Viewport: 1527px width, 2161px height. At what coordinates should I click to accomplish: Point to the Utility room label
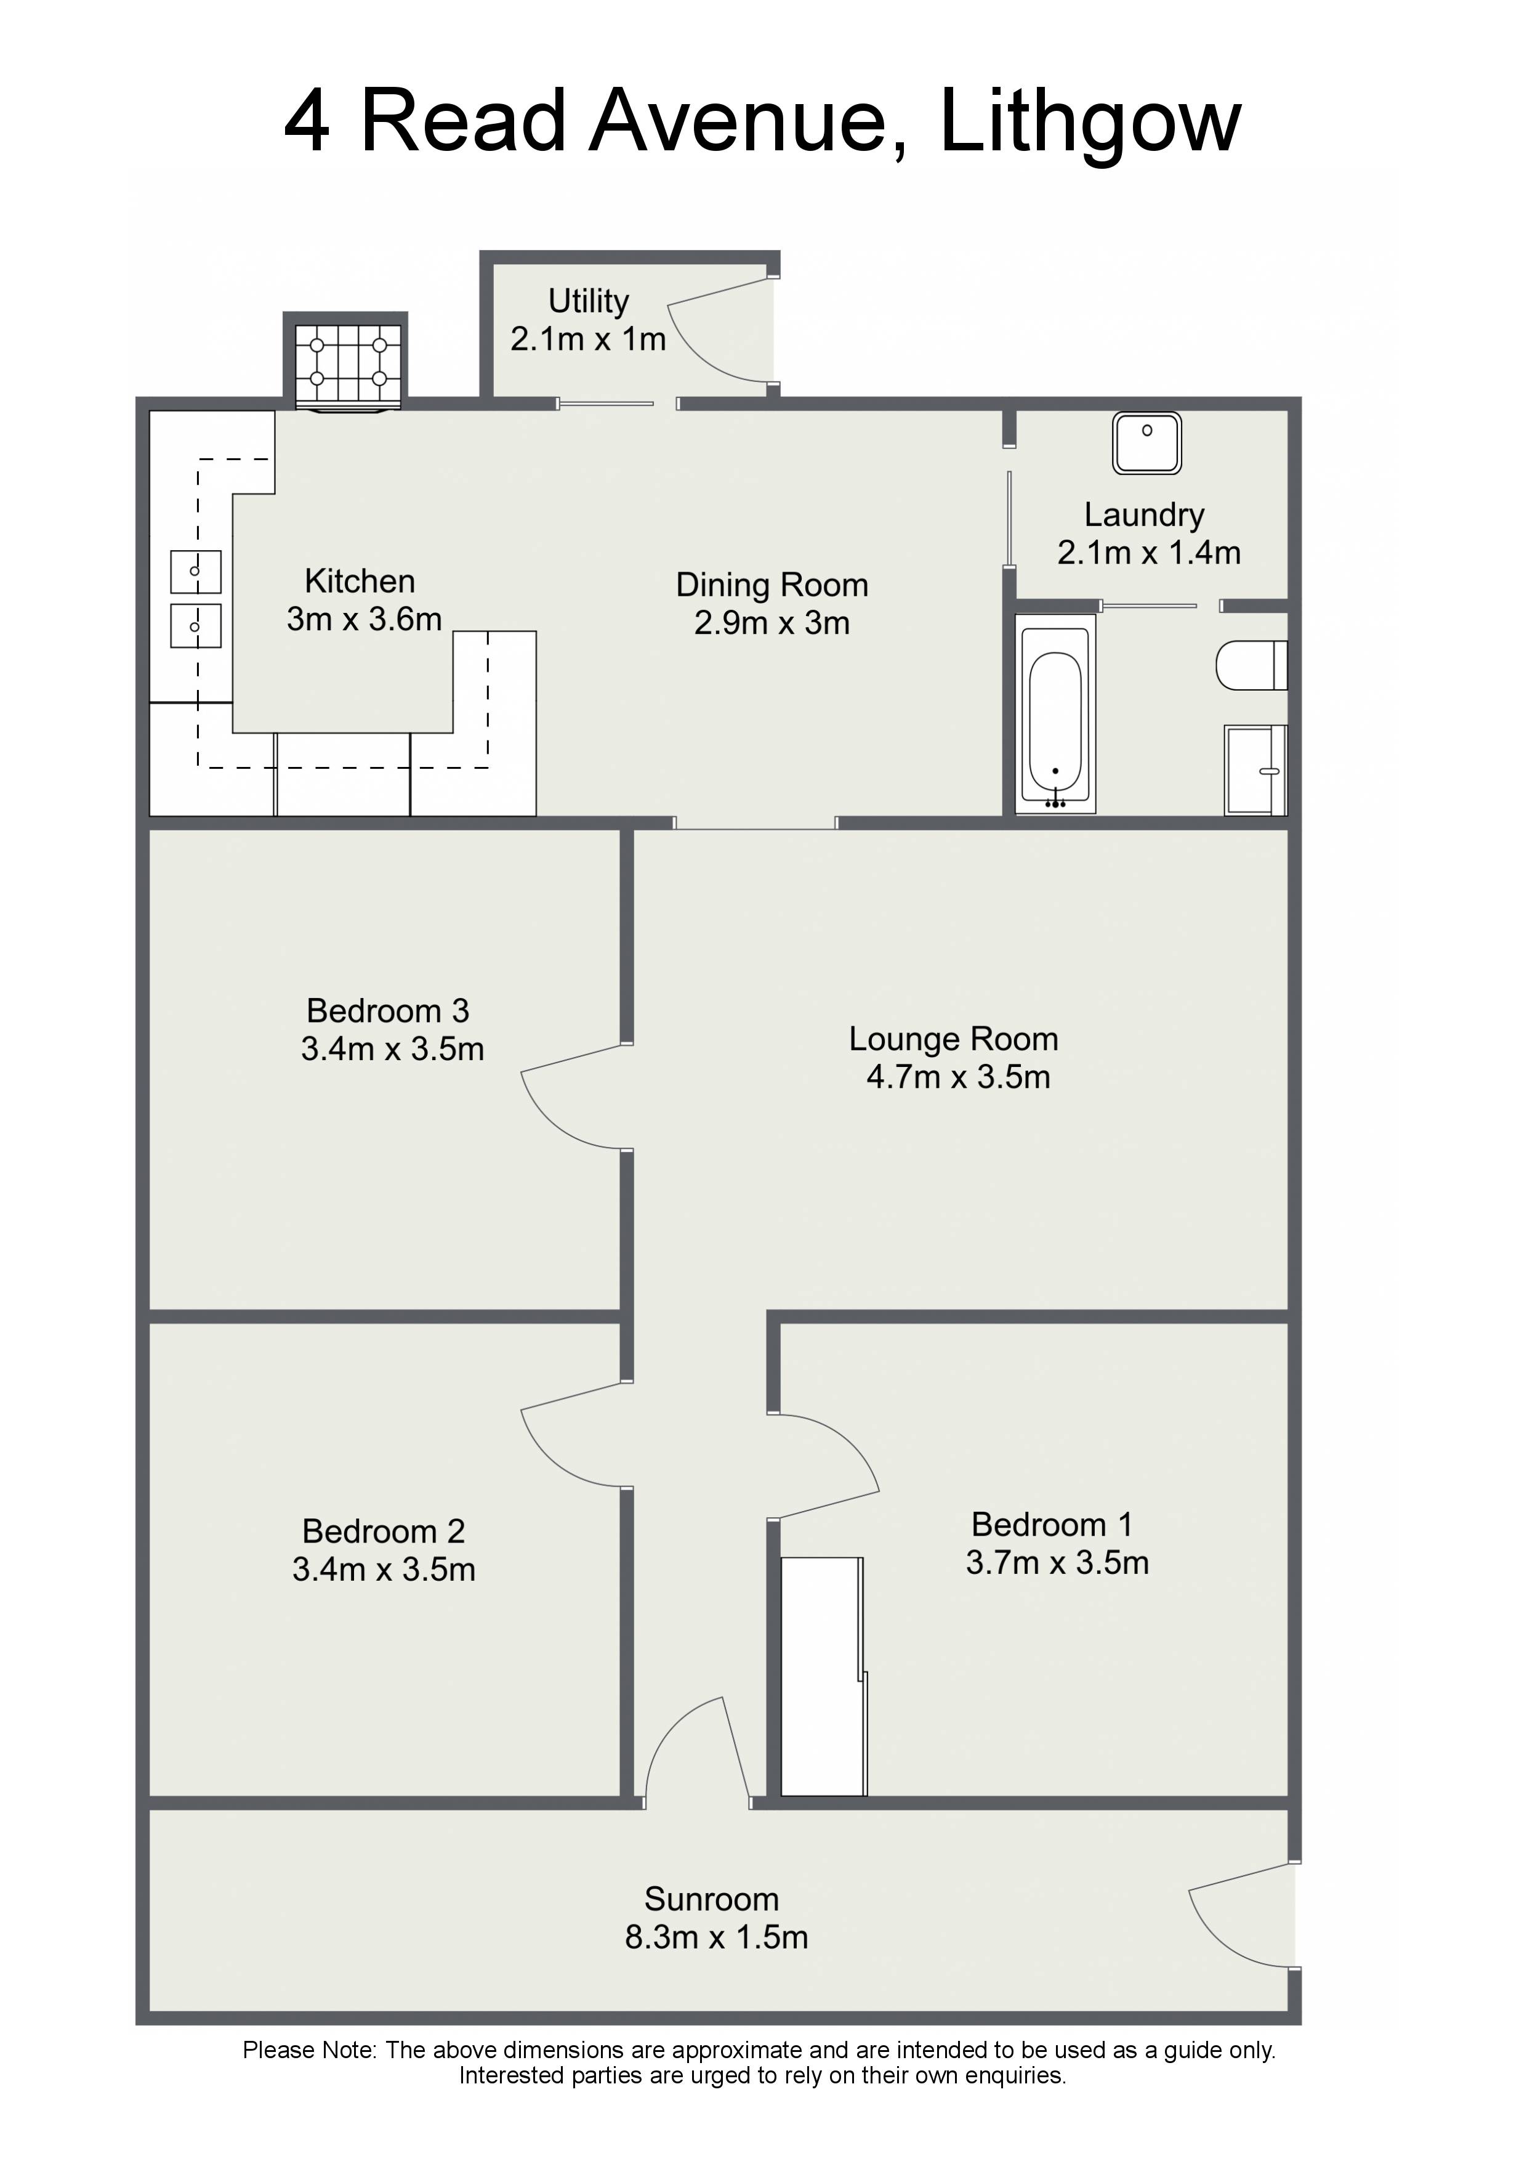click(589, 301)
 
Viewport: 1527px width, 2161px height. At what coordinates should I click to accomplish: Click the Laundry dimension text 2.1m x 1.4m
click(1150, 553)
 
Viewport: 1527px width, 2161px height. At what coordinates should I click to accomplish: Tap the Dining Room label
click(772, 585)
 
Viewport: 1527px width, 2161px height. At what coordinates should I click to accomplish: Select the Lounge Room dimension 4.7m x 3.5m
click(958, 1077)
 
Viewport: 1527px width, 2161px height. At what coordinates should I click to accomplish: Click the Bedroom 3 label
click(388, 1011)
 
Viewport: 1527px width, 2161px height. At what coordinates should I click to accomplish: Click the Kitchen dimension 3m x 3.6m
click(364, 619)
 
